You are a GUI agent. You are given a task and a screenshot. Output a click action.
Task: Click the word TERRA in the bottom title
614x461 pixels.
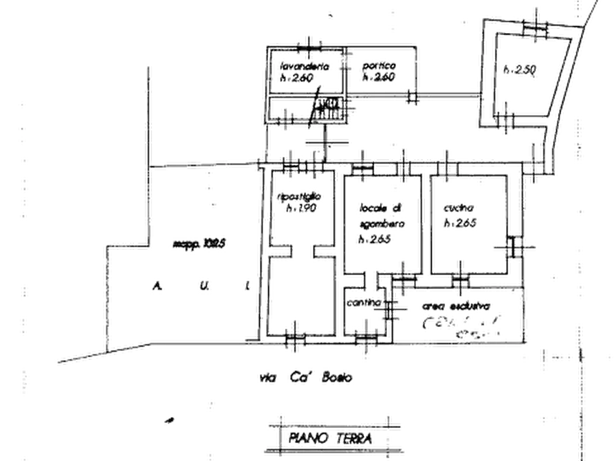point(352,438)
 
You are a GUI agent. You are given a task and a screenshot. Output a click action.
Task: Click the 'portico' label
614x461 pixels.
point(379,66)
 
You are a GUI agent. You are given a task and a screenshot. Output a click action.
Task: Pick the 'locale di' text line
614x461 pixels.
point(379,208)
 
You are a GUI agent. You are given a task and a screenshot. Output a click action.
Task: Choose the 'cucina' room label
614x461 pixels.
point(456,206)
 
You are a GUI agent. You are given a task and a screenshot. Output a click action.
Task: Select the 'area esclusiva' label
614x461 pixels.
point(457,305)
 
